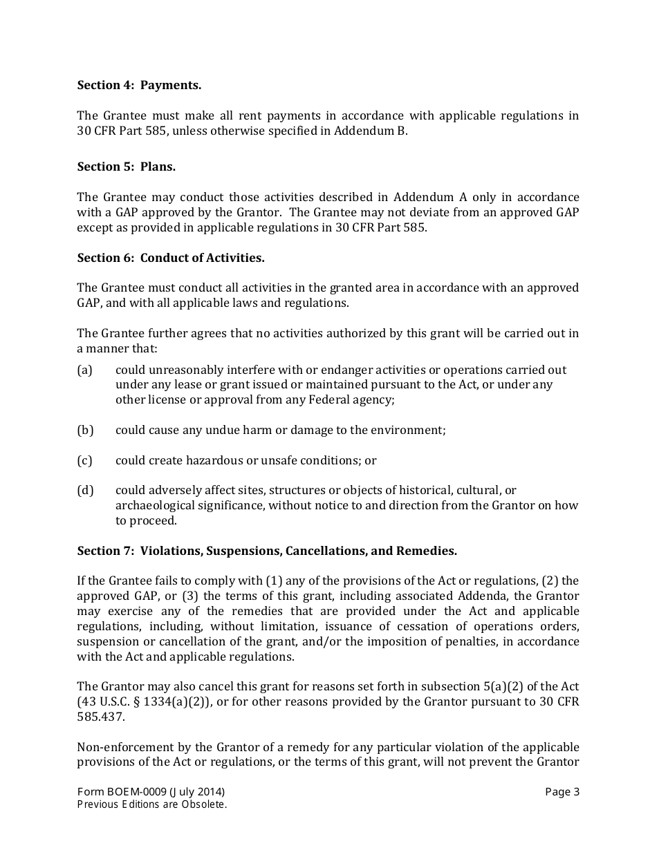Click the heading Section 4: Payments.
click(x=139, y=85)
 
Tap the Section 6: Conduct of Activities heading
click(x=171, y=258)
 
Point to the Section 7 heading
click(x=267, y=551)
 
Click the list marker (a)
click(x=84, y=370)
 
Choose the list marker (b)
click(x=85, y=430)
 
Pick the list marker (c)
click(x=84, y=460)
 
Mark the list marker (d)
click(x=85, y=491)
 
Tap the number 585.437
click(x=100, y=717)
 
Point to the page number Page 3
click(x=562, y=792)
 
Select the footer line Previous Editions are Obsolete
click(x=152, y=804)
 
